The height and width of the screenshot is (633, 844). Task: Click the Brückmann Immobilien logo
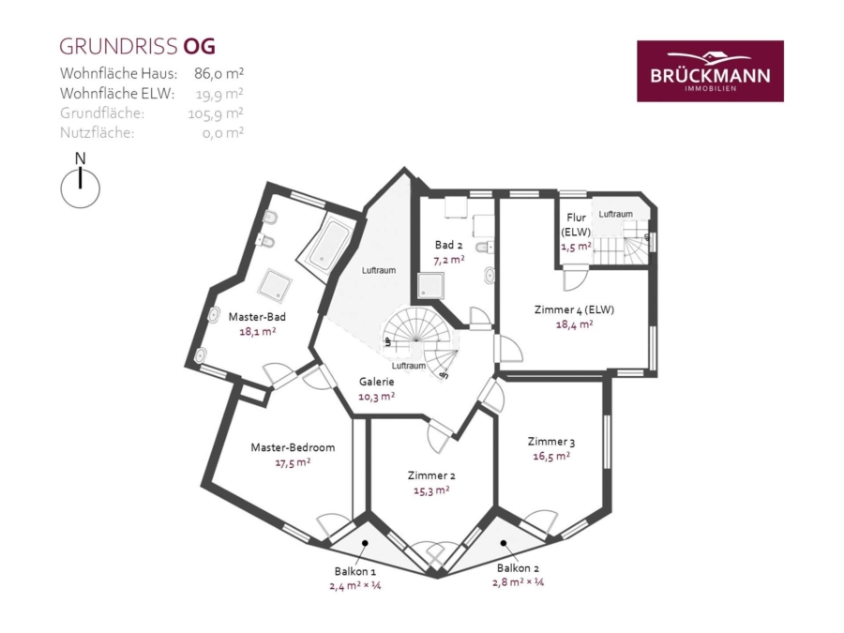coord(710,71)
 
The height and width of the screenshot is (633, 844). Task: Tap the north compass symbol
coord(81,183)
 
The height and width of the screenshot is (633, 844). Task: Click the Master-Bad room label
coord(257,317)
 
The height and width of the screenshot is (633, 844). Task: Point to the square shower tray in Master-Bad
coord(275,285)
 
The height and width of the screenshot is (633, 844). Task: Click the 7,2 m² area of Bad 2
coord(449,260)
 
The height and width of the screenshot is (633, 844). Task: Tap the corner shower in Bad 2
coord(431,285)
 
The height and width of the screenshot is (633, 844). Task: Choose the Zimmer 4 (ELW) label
coord(574,309)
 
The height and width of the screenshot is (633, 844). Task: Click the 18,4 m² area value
coord(574,324)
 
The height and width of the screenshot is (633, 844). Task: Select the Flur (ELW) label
coord(576,224)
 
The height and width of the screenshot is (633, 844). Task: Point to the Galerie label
coord(377,382)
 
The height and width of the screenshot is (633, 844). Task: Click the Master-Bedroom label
coord(293,447)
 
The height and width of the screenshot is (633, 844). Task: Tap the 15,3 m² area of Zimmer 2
coord(431,490)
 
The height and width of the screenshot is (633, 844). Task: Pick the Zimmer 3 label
coord(551,442)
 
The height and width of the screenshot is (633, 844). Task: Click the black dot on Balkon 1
coord(365,543)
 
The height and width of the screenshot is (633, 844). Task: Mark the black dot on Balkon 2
coord(504,543)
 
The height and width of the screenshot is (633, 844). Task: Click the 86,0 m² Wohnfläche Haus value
coord(219,73)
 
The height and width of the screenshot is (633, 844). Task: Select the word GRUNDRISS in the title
coord(118,47)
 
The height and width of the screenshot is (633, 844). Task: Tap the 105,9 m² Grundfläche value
coord(216,113)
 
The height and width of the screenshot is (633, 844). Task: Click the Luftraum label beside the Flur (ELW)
coord(616,214)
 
